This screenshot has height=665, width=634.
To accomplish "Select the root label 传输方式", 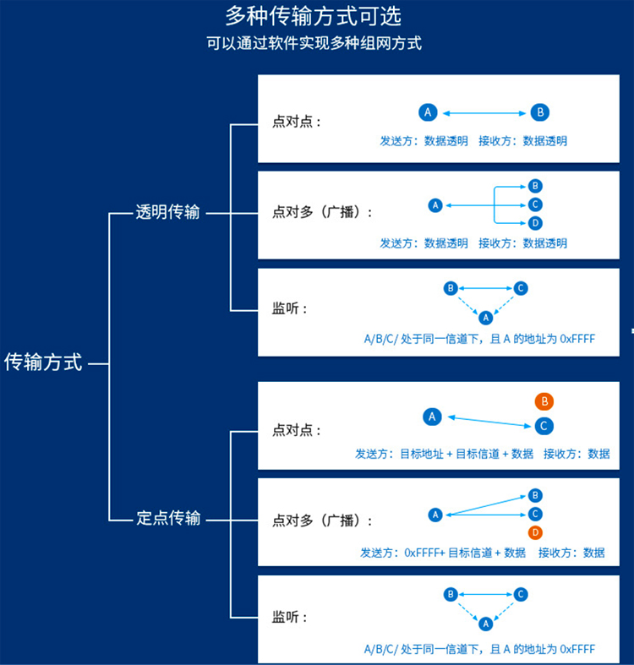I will [x=43, y=363].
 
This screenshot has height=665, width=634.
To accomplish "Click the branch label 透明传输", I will [x=168, y=212].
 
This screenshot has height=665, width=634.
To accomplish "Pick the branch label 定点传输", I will [x=168, y=518].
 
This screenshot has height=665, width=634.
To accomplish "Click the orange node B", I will [x=544, y=401].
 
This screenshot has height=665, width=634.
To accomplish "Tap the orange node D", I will [x=534, y=532].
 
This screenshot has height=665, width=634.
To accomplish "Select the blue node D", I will [x=534, y=223].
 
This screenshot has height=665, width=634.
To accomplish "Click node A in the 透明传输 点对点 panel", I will [x=428, y=112].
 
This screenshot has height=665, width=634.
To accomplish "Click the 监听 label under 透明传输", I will [x=290, y=308].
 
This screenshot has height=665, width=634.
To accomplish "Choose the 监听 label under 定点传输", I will [x=290, y=617].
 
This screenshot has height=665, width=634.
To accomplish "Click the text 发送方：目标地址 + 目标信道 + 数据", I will [x=444, y=454].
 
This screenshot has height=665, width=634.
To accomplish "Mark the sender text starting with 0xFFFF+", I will [x=442, y=553].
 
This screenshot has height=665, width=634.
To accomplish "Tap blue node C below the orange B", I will [x=544, y=426].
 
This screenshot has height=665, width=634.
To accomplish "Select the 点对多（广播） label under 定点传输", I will [x=322, y=521].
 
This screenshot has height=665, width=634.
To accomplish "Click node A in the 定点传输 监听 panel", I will [x=485, y=624].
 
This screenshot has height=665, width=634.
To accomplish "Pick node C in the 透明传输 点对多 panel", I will [x=534, y=204].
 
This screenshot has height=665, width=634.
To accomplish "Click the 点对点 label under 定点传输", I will [x=297, y=430].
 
